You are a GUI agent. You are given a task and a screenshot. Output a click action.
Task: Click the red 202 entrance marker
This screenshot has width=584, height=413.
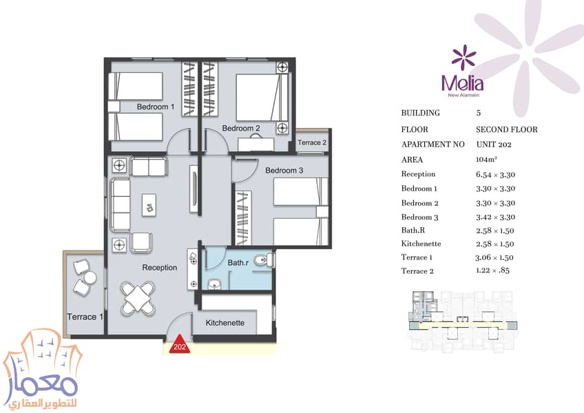[x=180, y=345]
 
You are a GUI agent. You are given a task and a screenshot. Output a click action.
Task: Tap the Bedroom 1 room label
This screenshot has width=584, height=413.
[x=156, y=107]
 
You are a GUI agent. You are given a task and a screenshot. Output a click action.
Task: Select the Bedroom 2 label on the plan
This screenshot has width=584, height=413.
[x=241, y=128]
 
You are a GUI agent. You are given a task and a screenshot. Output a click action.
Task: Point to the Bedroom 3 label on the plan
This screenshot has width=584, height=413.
[x=284, y=170]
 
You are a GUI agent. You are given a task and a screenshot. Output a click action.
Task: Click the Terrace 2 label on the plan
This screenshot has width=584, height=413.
[x=312, y=142]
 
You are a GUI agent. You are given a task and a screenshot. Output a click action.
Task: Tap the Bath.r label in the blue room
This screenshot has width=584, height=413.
[x=238, y=263]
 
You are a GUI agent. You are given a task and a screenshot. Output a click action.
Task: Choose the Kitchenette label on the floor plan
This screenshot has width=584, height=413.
[x=225, y=323]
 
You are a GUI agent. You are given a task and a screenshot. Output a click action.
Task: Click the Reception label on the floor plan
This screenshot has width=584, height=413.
[x=159, y=267]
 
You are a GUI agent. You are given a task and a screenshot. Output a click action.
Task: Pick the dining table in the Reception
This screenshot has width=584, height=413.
[x=138, y=297]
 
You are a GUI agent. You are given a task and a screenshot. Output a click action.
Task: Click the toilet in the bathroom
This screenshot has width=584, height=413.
[x=264, y=260]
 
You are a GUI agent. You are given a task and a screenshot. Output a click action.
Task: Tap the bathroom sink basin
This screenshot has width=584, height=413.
[x=214, y=284]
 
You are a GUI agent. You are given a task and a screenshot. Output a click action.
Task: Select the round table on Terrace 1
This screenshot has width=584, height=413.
[x=90, y=277]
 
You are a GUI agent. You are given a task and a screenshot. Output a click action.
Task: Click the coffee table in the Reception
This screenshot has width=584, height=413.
[x=149, y=205]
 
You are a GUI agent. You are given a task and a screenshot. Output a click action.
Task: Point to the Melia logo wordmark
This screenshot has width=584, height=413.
[x=463, y=83]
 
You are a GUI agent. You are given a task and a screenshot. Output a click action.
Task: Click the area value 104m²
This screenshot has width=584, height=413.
[x=486, y=160]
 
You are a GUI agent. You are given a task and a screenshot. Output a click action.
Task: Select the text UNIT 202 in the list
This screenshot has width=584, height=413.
[x=494, y=145]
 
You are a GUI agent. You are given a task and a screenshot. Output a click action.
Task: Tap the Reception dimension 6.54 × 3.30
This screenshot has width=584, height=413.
[x=495, y=175]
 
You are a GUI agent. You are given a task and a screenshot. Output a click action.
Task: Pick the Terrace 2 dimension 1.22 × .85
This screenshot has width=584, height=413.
[x=492, y=271]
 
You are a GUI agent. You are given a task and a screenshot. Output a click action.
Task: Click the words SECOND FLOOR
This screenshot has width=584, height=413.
[x=507, y=129]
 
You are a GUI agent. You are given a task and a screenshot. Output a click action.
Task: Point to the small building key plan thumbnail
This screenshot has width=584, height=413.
[x=463, y=320]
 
